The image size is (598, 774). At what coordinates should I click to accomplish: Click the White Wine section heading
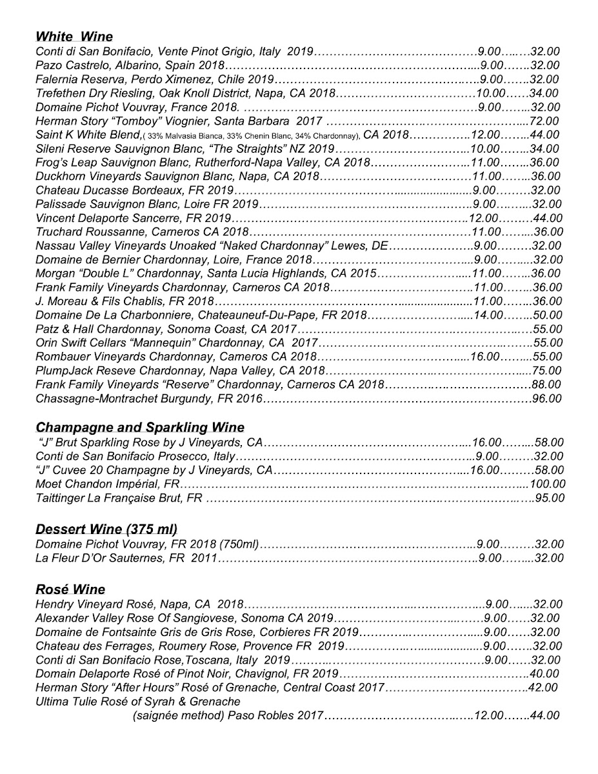(x=74, y=37)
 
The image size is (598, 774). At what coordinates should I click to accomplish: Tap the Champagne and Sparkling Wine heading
(x=140, y=428)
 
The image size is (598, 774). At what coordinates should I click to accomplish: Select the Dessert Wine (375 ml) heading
(x=106, y=530)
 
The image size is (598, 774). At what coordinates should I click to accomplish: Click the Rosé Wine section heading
(x=70, y=590)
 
